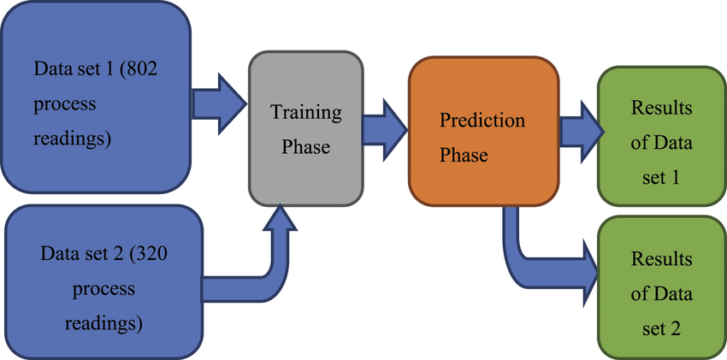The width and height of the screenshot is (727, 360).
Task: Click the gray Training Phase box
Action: [x=305, y=129]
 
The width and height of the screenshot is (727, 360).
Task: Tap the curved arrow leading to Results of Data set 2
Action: [x=539, y=257]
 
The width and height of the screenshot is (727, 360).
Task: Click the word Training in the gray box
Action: [x=305, y=112]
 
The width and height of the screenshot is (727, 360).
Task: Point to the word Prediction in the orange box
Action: [x=482, y=120]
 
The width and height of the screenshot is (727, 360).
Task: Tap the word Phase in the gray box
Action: [x=306, y=147]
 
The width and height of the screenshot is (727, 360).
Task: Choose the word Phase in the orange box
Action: [x=464, y=156]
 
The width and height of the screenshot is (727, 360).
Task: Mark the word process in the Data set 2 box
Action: [x=103, y=288]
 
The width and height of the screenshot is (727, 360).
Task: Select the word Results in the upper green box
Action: [x=661, y=109]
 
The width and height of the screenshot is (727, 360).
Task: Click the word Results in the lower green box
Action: [x=661, y=258]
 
